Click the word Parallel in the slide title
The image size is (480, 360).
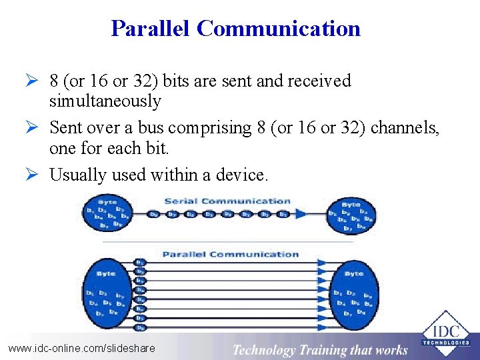tap(151, 29)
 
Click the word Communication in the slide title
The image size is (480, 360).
tap(279, 29)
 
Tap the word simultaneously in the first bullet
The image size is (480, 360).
tap(105, 101)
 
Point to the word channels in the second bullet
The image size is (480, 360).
tap(404, 127)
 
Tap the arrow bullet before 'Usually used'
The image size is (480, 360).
tap(38, 175)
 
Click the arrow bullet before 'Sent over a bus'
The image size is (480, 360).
tap(38, 127)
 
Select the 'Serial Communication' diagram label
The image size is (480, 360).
tap(227, 201)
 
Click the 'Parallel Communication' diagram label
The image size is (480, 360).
tap(231, 254)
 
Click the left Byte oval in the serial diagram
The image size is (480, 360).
tap(107, 213)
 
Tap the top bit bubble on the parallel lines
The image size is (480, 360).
tap(140, 262)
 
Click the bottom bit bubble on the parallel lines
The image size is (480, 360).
tap(140, 327)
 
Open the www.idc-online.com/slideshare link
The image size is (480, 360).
tap(81, 348)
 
